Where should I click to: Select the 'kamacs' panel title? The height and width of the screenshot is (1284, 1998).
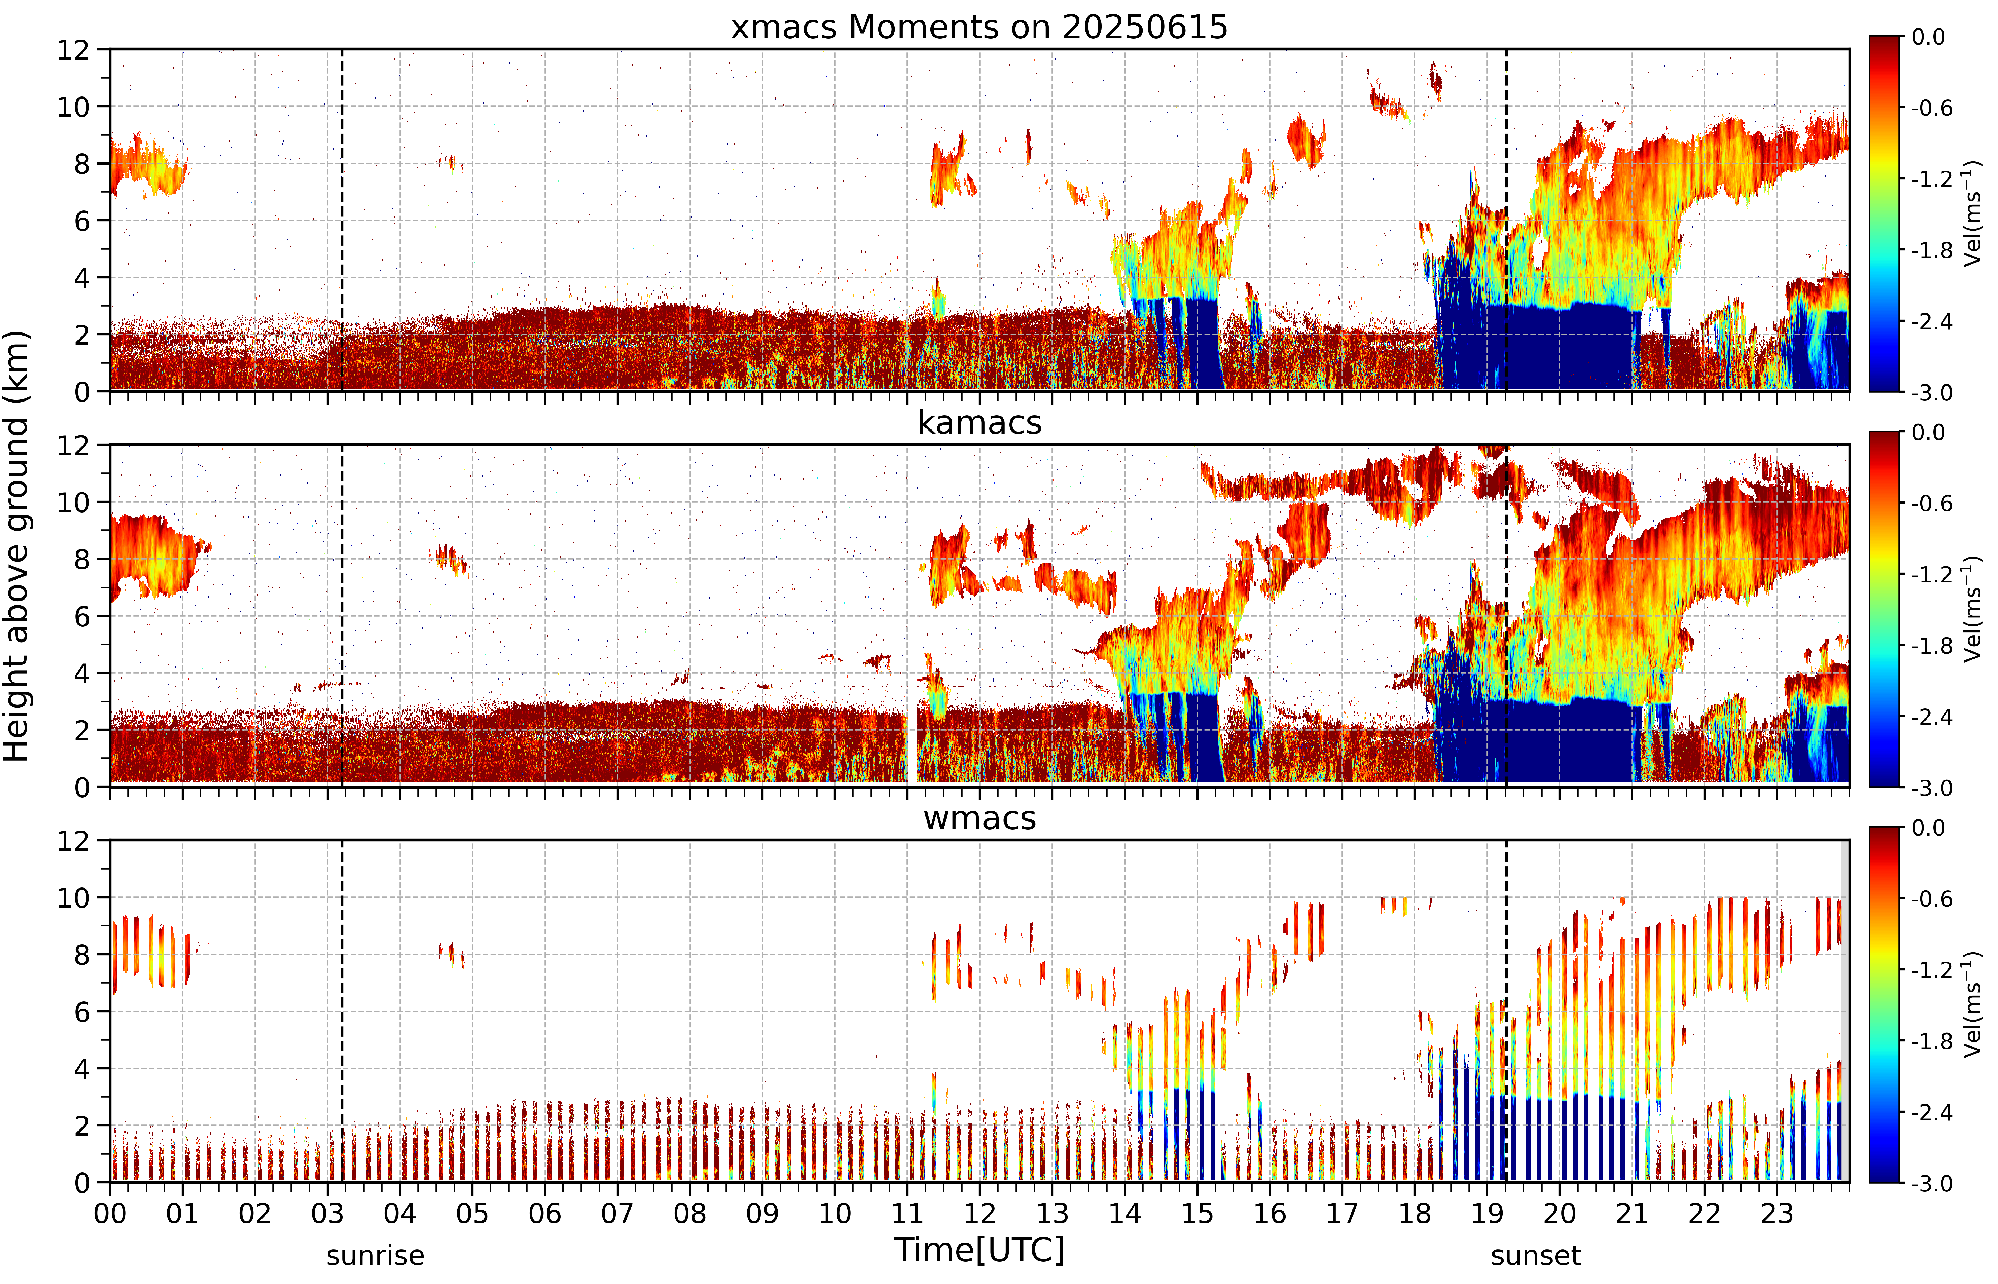click(979, 423)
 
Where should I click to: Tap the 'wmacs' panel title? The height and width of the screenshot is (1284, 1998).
click(979, 818)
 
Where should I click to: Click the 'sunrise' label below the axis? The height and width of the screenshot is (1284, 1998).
click(375, 1255)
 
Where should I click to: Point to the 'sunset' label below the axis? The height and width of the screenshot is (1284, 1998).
click(1535, 1255)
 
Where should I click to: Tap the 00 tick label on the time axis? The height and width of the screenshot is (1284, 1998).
click(110, 1213)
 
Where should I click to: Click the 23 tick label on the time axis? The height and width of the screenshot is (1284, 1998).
click(1777, 1213)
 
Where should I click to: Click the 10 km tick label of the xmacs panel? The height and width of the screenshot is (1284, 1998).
click(72, 107)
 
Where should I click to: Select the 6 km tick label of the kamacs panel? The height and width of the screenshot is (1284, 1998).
click(82, 616)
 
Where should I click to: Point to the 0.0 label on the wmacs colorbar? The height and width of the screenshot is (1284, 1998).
click(1928, 828)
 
